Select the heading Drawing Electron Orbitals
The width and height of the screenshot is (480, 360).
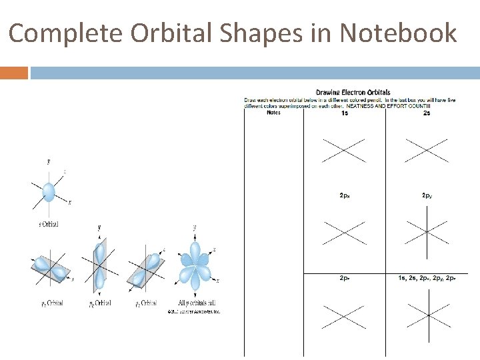(353, 92)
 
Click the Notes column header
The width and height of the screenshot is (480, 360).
(273, 113)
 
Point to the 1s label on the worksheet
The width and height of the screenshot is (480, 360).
(344, 113)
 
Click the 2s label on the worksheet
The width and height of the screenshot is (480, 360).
(426, 113)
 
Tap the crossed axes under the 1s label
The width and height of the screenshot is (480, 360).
(344, 150)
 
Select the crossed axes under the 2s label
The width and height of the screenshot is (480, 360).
(427, 150)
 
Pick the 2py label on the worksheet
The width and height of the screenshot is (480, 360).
(427, 195)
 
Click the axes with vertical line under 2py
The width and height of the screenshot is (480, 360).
(427, 232)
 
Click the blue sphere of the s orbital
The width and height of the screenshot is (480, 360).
(48, 192)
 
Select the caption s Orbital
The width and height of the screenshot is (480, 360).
(48, 224)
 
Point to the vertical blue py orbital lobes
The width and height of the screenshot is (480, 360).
(99, 265)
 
